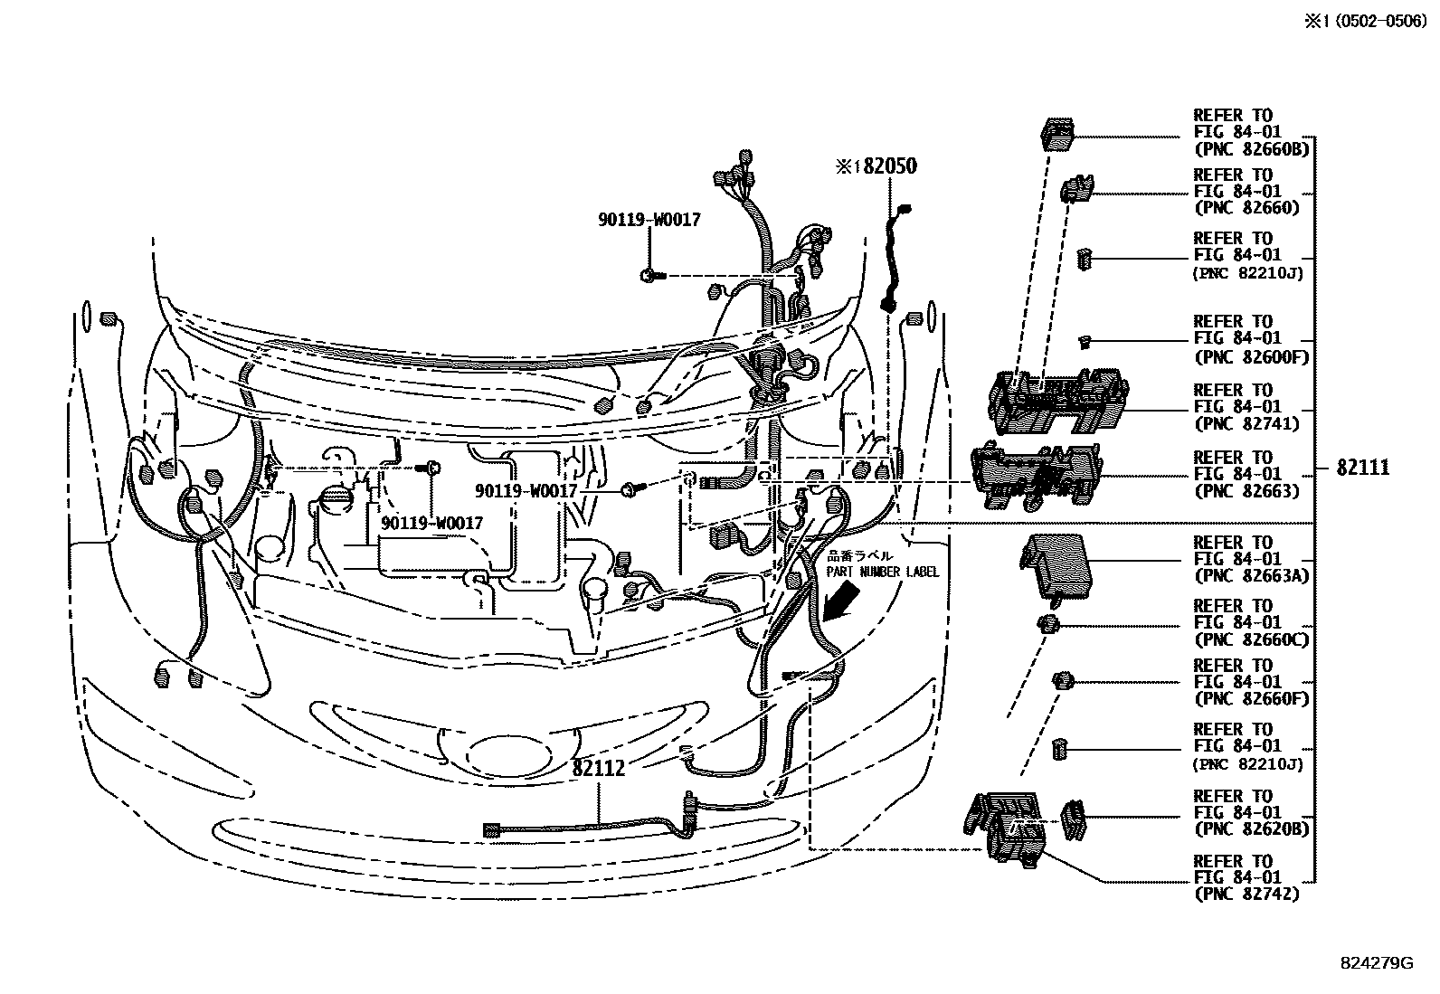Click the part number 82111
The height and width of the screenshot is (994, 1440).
[x=1363, y=468]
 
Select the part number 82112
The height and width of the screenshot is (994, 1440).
[x=598, y=769]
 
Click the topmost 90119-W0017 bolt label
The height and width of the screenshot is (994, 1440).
[x=649, y=220]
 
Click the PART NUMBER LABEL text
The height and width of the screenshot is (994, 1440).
[x=882, y=572]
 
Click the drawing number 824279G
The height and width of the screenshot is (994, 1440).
[x=1376, y=964]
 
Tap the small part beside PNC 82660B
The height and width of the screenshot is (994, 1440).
[x=1056, y=133]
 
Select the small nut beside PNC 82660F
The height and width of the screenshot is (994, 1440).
[x=1062, y=680]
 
